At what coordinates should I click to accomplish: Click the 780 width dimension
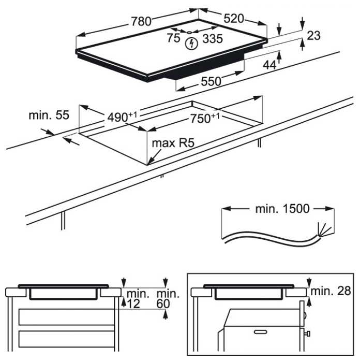tap(141, 21)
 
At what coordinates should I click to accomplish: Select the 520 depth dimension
tap(233, 19)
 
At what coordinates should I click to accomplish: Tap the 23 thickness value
tap(313, 36)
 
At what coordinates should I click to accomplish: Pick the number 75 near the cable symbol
tap(173, 38)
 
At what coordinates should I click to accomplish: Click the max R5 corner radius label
tap(172, 142)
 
